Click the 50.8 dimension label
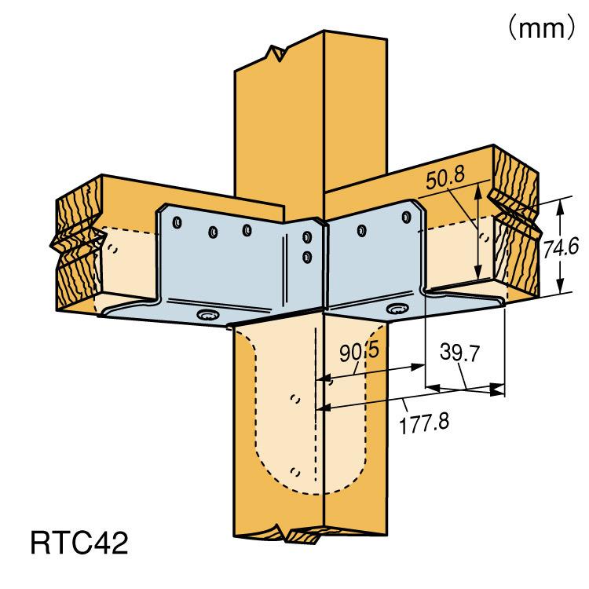pos(445,178)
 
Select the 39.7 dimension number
pos(459,353)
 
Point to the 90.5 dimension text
pos(360,352)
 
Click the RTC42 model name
pos(79,543)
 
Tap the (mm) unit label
pos(541,27)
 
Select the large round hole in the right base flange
pos(398,309)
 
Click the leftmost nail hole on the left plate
pos(177,222)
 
